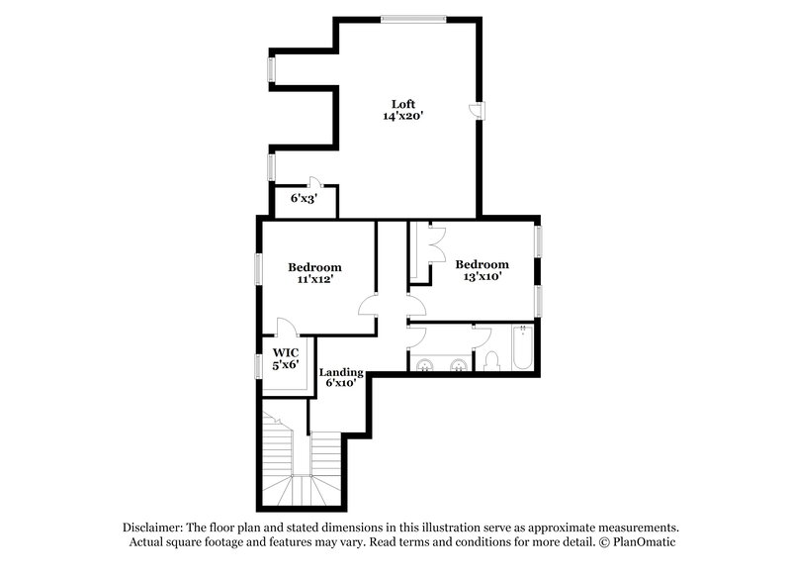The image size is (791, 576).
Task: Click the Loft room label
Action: [402, 104]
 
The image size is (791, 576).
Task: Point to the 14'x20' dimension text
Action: [402, 117]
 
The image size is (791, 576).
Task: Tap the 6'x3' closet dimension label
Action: [303, 199]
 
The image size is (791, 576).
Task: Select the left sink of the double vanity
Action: [426, 365]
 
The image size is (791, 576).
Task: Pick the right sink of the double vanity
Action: [459, 365]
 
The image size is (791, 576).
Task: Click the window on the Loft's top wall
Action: [413, 18]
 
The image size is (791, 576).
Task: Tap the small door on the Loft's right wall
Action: [476, 110]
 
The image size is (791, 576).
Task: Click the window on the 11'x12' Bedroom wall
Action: [258, 268]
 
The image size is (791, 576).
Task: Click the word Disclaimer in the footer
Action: [155, 528]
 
